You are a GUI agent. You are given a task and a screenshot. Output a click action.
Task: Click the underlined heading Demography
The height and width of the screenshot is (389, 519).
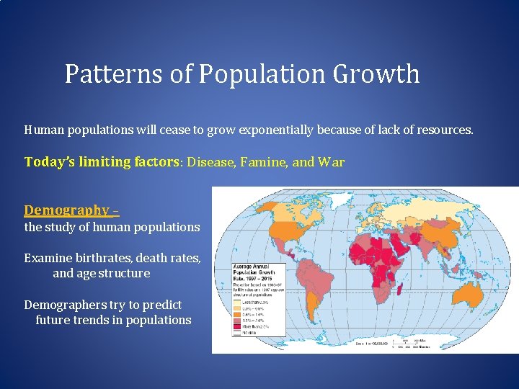[x=66, y=210]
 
